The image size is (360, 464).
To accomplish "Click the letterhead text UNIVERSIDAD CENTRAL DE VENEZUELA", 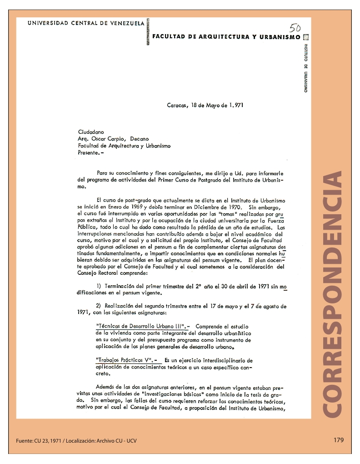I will [x=86, y=23].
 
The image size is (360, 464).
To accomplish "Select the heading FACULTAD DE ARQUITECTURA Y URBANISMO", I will [x=226, y=37].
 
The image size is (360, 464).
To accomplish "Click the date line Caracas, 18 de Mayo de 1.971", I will [x=205, y=105].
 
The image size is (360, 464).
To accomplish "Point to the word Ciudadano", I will [x=91, y=132].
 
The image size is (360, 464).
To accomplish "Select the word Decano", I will [x=139, y=139].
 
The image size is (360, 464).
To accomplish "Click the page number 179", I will [x=338, y=440].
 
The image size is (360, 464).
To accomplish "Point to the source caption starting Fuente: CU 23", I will [x=76, y=441].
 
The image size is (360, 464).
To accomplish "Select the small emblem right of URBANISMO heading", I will [x=305, y=37].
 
